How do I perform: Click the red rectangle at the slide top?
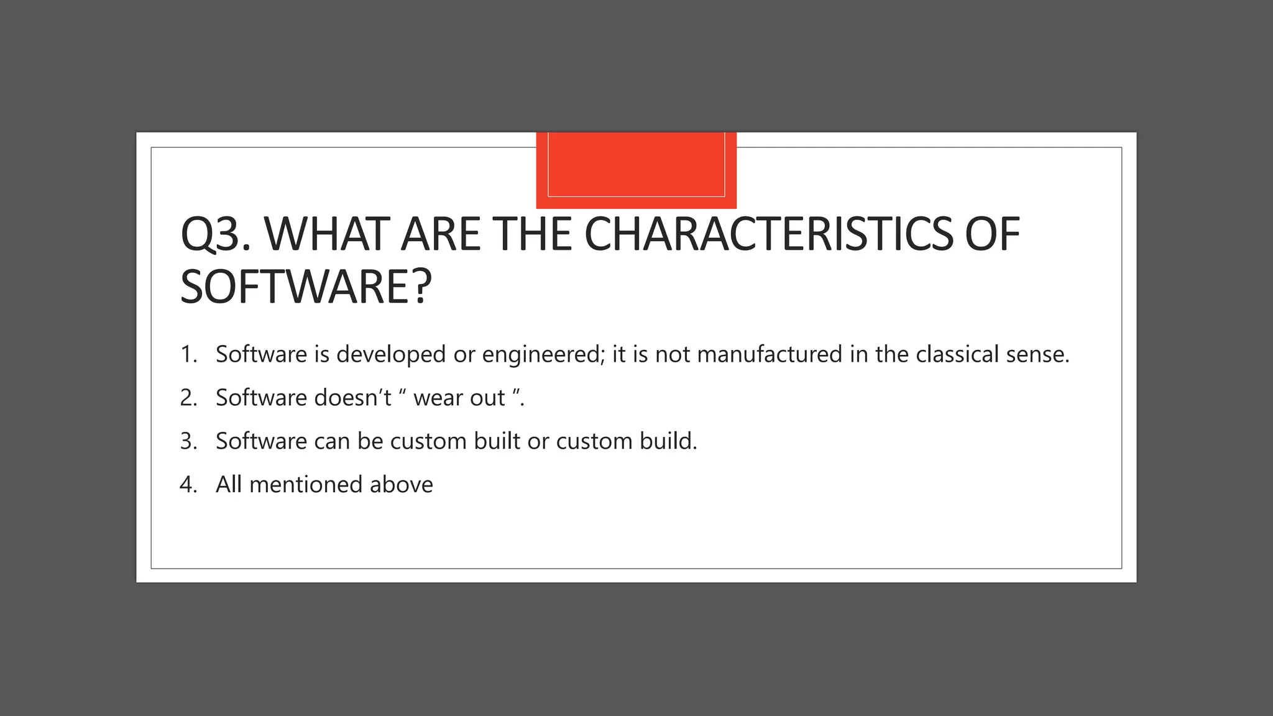tap(636, 170)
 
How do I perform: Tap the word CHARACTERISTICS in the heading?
tap(768, 234)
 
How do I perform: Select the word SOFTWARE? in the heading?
tap(305, 287)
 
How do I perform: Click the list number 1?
tap(188, 354)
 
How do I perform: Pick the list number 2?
tap(188, 398)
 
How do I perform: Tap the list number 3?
tap(188, 441)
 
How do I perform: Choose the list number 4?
tap(188, 485)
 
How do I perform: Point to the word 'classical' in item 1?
tap(957, 354)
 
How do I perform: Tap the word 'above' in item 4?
tap(401, 485)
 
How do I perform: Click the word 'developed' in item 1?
tap(391, 355)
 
